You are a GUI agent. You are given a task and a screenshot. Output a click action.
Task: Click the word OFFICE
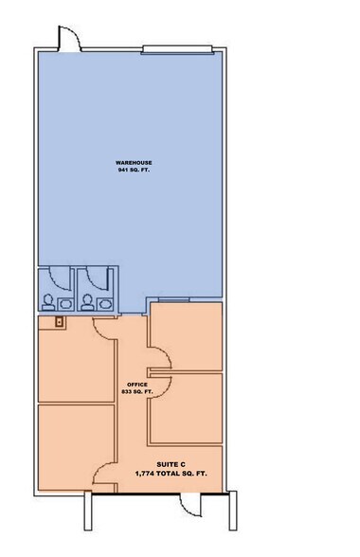[131, 384]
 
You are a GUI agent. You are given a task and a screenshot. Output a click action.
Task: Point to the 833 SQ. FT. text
[131, 391]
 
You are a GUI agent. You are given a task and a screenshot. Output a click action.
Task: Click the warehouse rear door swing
[69, 38]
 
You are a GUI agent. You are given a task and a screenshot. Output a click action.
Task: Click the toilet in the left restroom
[46, 303]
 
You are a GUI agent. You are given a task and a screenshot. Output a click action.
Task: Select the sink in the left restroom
[64, 304]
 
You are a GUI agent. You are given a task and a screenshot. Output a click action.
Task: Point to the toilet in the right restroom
[88, 303]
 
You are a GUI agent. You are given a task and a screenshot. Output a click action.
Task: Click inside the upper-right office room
[188, 334]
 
